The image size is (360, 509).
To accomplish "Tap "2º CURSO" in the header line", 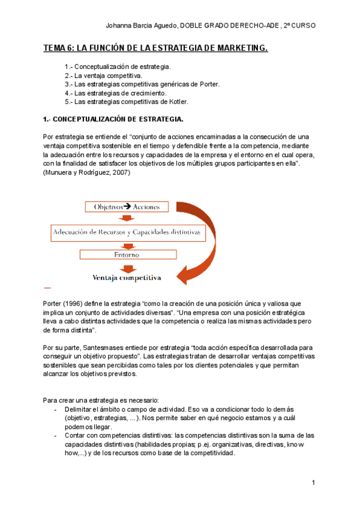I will pos(300,26).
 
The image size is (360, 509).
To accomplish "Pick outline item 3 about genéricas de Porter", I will pos(142,84).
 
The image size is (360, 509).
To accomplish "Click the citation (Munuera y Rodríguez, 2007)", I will pos(87,173).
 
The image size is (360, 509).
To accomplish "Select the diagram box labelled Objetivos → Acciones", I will pos(127,207).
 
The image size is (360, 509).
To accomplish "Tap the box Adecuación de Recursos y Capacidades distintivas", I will pos(127,231).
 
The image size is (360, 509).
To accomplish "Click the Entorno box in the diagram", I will pos(127,254).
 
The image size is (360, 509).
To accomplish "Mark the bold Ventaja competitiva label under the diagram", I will pos(127,278).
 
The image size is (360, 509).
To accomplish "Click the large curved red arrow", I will pos(207,240).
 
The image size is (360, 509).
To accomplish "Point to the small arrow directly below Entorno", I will pos(127,267).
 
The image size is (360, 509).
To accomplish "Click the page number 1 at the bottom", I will pos(313,483).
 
